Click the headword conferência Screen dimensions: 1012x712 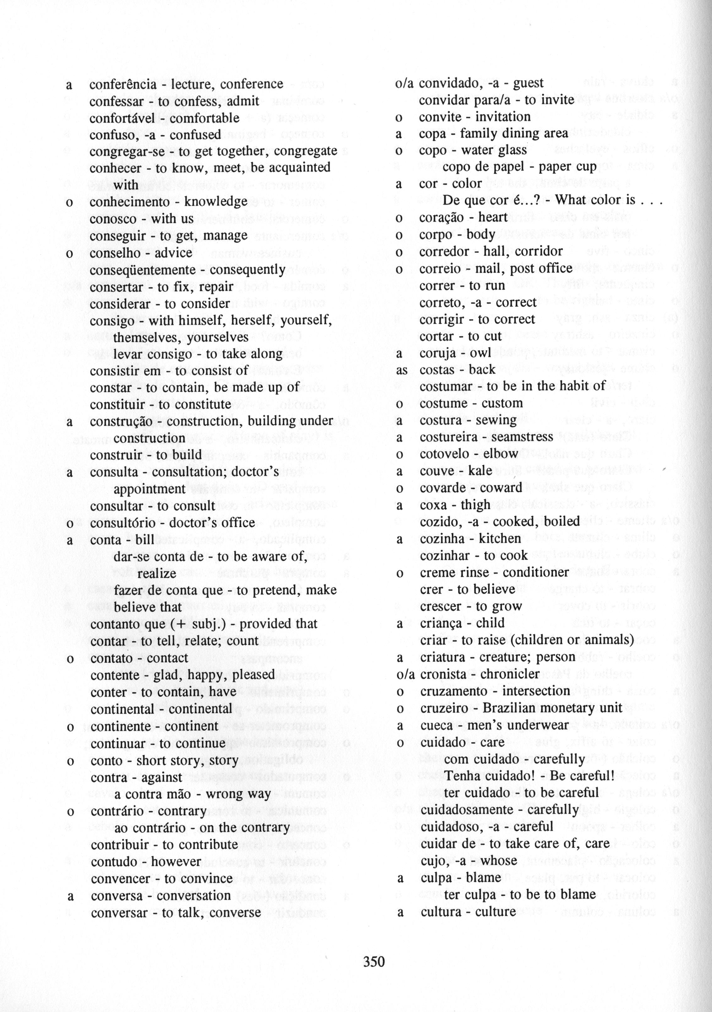click(123, 84)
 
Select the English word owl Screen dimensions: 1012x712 click(480, 353)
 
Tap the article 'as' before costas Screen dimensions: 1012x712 click(401, 370)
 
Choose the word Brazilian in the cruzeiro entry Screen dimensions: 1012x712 click(509, 708)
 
